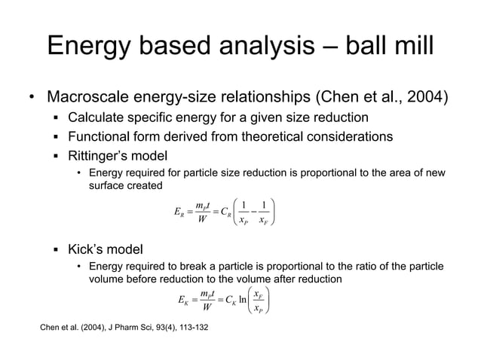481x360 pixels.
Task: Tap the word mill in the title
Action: pos(410,47)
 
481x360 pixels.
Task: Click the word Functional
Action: pos(103,136)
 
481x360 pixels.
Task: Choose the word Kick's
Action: pos(88,247)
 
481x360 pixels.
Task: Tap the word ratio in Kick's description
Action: pos(357,266)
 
